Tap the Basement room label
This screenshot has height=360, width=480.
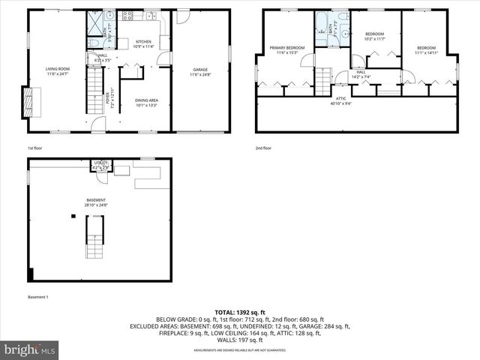97,202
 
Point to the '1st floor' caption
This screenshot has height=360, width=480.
35,148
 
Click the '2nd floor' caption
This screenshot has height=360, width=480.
263,148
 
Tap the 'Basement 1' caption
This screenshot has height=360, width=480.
38,298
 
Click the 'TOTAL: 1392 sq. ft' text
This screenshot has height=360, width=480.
240,312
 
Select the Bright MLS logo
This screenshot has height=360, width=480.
30,349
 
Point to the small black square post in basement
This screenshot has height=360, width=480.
73,216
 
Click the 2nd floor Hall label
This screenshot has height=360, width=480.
361,73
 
